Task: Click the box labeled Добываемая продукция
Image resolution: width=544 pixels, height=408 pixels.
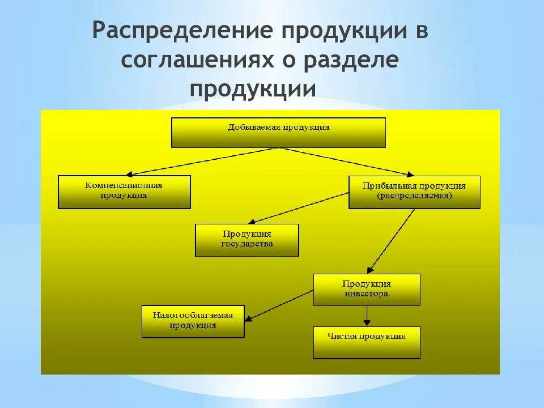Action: [278, 133]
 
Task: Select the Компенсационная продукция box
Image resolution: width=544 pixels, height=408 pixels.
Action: [124, 192]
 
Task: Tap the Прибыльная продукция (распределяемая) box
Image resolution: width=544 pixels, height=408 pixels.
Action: [414, 192]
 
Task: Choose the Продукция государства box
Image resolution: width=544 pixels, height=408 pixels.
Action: [246, 240]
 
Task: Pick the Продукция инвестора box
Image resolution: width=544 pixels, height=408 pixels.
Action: [367, 290]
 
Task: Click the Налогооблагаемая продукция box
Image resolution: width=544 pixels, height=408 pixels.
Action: [193, 321]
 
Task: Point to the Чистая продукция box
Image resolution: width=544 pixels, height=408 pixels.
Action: [367, 342]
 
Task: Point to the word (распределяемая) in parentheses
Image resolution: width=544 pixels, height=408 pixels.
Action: [414, 196]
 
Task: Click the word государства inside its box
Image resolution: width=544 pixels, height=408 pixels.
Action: [246, 244]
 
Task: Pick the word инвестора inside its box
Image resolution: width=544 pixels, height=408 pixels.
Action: [367, 294]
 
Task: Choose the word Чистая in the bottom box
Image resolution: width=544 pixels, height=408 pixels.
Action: [342, 336]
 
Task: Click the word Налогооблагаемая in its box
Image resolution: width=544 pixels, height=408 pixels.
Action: [193, 315]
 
